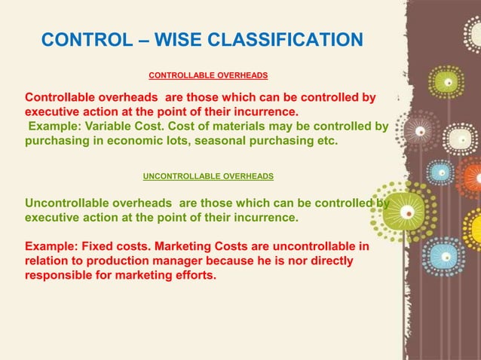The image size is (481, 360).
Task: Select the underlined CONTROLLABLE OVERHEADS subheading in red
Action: point(208,76)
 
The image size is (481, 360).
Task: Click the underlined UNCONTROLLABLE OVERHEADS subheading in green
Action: point(208,175)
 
